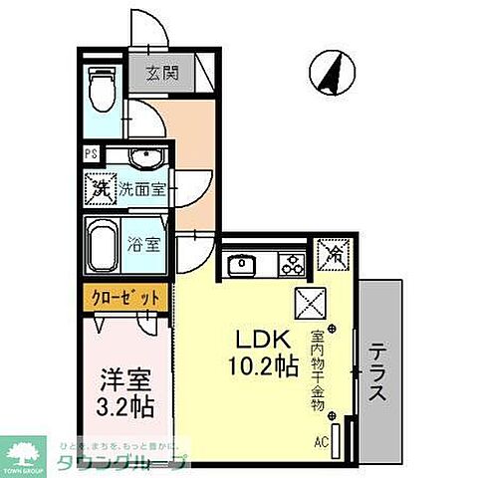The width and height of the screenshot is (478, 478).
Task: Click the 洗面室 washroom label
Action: pos(142,188)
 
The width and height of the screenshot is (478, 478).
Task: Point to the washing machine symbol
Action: pos(101,186)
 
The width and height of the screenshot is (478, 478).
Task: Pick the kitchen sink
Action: pos(243,265)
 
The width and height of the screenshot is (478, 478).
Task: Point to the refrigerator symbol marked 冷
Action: pos(332,255)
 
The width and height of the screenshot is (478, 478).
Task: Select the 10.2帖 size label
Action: pos(262,365)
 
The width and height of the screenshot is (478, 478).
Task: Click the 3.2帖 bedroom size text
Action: pos(125,405)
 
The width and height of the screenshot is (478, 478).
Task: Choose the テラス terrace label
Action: pos(379,371)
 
